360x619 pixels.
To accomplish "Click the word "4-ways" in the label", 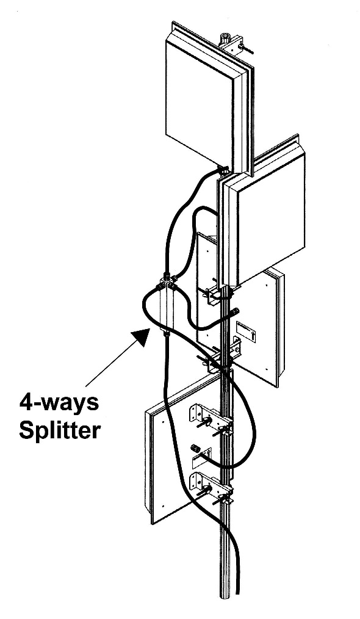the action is [x=59, y=404].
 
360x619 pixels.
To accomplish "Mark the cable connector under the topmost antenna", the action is [x=223, y=170].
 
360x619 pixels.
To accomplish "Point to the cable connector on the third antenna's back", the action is [x=234, y=311].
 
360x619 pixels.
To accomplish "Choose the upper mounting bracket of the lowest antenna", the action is [x=209, y=419].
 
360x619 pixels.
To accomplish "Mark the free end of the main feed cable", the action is [x=237, y=592].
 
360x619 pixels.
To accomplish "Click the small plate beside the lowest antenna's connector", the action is [x=202, y=458].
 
